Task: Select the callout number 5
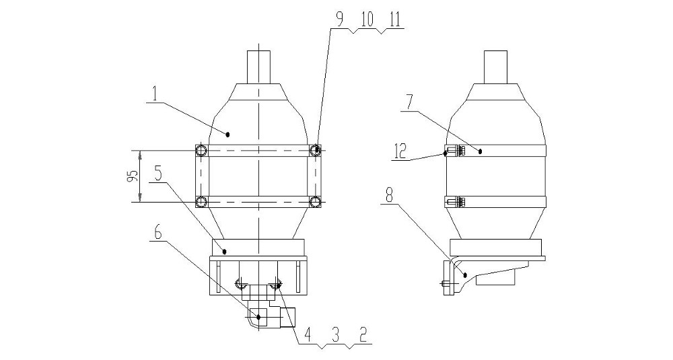pyautogui.click(x=158, y=174)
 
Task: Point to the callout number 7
pyautogui.click(x=409, y=103)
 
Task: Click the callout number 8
pyautogui.click(x=389, y=196)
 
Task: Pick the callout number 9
pyautogui.click(x=339, y=20)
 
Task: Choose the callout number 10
pyautogui.click(x=367, y=20)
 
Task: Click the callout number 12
pyautogui.click(x=400, y=151)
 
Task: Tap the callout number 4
pyautogui.click(x=307, y=335)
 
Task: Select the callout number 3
pyautogui.click(x=336, y=335)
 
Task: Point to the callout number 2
pyautogui.click(x=363, y=335)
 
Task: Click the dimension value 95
pyautogui.click(x=133, y=176)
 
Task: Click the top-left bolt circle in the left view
pyautogui.click(x=201, y=150)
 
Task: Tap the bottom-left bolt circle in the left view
pyautogui.click(x=201, y=202)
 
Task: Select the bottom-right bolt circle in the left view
pyautogui.click(x=316, y=202)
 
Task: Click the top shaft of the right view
pyautogui.click(x=496, y=67)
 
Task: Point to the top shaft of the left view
pyautogui.click(x=259, y=67)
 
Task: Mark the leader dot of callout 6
pyautogui.click(x=258, y=317)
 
